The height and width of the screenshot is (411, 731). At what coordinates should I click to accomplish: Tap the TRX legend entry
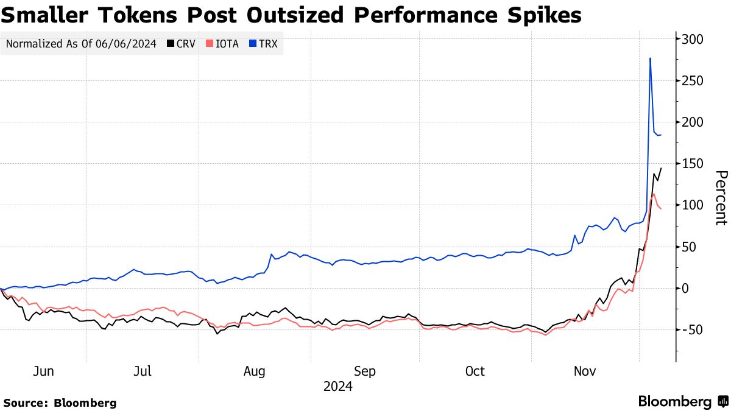pyautogui.click(x=263, y=44)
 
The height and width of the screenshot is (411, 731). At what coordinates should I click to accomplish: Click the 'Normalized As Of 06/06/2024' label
pyautogui.click(x=81, y=44)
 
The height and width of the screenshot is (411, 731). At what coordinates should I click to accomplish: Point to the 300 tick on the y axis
pyautogui.click(x=693, y=40)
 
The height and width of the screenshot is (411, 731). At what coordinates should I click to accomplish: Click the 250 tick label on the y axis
pyautogui.click(x=693, y=81)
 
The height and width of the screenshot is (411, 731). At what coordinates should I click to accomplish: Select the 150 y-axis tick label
pyautogui.click(x=693, y=164)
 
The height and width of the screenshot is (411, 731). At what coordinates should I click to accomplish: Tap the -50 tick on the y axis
pyautogui.click(x=691, y=329)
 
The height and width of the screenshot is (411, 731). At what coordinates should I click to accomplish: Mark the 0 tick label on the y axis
pyautogui.click(x=686, y=288)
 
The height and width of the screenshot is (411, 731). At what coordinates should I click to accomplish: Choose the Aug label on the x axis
pyautogui.click(x=254, y=371)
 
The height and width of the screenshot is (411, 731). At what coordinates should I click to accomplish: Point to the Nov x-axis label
pyautogui.click(x=585, y=371)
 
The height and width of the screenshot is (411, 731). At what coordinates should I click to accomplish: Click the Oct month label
pyautogui.click(x=475, y=371)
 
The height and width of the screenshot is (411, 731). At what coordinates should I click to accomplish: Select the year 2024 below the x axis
pyautogui.click(x=337, y=386)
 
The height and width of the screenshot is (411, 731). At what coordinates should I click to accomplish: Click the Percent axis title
pyautogui.click(x=721, y=197)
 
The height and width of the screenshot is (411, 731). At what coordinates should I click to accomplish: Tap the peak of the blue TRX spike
pyautogui.click(x=651, y=58)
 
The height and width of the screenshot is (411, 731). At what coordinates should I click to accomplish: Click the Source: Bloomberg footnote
pyautogui.click(x=60, y=402)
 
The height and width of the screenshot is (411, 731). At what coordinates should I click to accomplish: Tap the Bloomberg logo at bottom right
pyautogui.click(x=682, y=401)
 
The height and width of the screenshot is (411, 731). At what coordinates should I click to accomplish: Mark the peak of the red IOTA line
pyautogui.click(x=654, y=194)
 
